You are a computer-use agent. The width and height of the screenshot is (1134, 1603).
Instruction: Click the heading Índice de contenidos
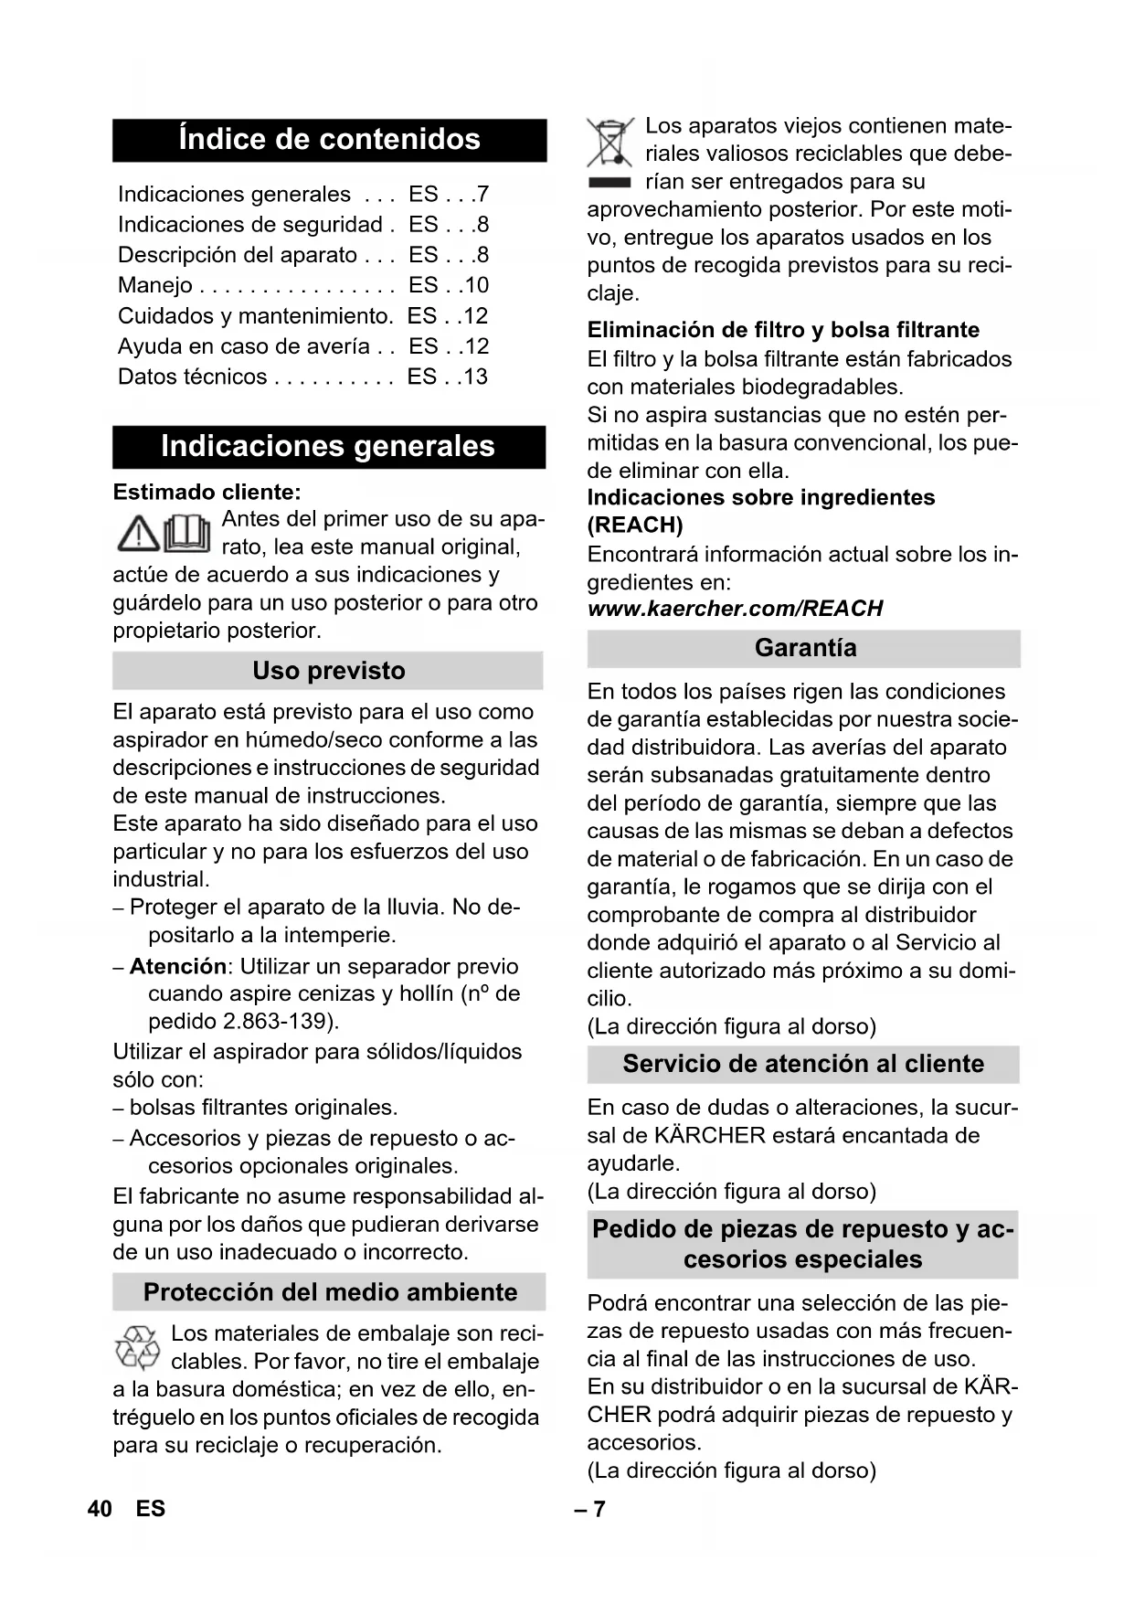tap(329, 140)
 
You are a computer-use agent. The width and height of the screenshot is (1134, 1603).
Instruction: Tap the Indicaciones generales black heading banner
tap(329, 447)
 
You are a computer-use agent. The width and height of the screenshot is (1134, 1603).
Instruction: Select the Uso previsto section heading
tap(329, 671)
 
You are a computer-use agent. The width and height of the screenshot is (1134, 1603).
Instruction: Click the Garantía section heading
tap(805, 649)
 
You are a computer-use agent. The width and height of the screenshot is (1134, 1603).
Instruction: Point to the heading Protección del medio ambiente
tap(330, 1292)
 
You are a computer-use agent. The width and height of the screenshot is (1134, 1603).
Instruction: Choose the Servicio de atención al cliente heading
tap(803, 1065)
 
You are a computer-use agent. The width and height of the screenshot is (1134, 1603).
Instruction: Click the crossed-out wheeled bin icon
tap(609, 144)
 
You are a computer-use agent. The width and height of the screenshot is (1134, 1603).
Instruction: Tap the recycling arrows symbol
tap(137, 1347)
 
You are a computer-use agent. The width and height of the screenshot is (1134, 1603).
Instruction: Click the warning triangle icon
tap(138, 534)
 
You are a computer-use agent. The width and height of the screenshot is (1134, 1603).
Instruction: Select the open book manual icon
tap(187, 534)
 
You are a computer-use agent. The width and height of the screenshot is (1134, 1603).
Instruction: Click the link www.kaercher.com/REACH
tap(735, 609)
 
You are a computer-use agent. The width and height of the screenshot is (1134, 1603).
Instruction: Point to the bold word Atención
tap(178, 967)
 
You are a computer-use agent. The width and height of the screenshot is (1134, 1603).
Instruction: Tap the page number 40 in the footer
tap(100, 1509)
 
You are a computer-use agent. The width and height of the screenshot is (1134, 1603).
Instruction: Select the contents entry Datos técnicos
tap(193, 377)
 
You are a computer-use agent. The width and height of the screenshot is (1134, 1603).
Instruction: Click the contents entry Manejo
tap(155, 285)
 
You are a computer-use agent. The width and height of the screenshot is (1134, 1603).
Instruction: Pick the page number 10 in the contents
tap(476, 285)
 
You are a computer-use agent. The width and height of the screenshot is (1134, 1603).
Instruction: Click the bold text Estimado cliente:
tap(207, 493)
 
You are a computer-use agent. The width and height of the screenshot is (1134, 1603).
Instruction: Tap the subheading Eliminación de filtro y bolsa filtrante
tap(783, 330)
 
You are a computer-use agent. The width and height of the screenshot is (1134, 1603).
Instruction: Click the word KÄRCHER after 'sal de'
tap(710, 1136)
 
